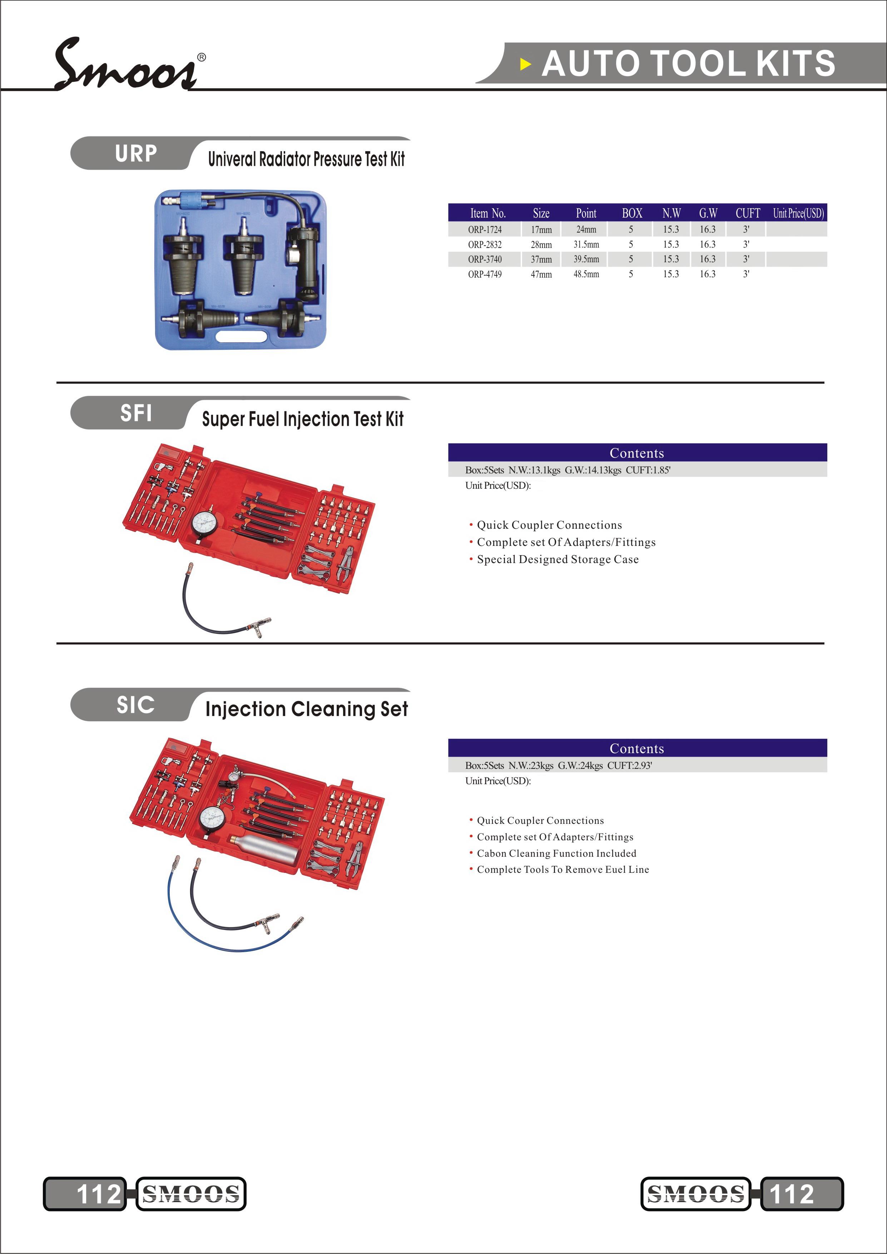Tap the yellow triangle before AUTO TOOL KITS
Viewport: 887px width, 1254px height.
pos(525,64)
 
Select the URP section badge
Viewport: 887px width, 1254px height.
pos(135,154)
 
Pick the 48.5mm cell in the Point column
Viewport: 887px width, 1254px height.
pos(586,274)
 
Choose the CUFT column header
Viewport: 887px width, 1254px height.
pos(747,213)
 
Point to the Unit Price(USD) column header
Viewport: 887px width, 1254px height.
pos(798,213)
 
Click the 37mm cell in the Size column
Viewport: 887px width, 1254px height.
pos(541,259)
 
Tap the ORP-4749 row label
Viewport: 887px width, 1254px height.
pos(485,274)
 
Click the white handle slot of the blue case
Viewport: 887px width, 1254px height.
pos(242,335)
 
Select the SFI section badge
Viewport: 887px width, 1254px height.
pos(135,413)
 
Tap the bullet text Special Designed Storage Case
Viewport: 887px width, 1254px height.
pos(558,559)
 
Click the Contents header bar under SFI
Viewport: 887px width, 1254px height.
pos(637,453)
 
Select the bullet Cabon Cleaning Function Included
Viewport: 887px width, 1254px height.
pos(556,853)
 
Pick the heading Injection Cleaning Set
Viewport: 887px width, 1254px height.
pos(306,709)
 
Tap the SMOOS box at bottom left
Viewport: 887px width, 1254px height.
pos(190,1194)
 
